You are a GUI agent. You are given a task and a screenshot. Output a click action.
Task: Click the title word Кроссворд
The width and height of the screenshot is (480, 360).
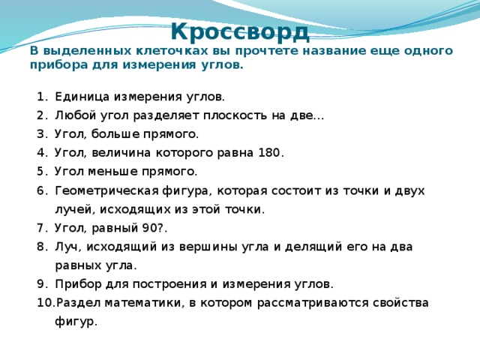pyautogui.click(x=240, y=32)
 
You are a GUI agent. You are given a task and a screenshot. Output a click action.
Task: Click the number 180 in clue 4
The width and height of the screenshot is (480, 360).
pyautogui.click(x=269, y=153)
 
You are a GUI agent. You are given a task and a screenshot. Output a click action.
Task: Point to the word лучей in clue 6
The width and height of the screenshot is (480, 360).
pyautogui.click(x=73, y=210)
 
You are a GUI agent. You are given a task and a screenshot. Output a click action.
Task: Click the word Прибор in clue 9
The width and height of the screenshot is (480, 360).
pyautogui.click(x=78, y=284)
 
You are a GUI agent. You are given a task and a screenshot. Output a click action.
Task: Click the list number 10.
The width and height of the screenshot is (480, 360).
pyautogui.click(x=45, y=303)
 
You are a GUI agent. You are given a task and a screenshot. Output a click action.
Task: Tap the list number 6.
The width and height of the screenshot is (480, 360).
pyautogui.click(x=41, y=191)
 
